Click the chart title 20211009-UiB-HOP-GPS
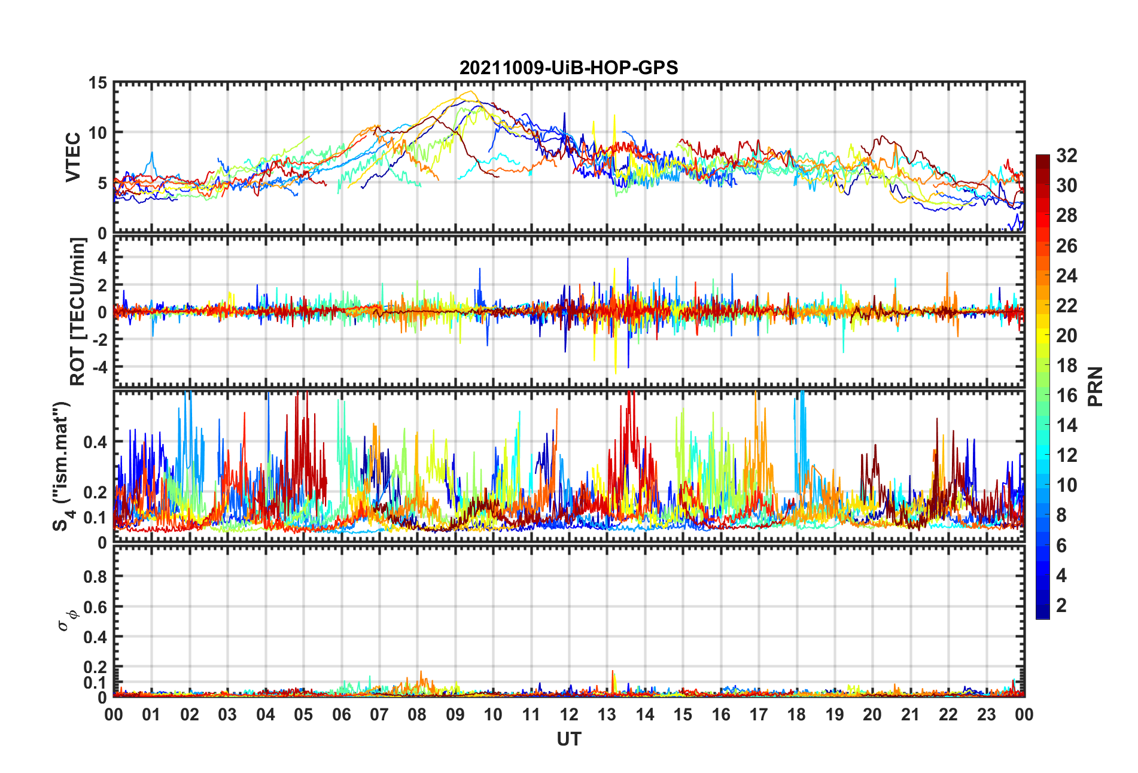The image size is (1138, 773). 568,68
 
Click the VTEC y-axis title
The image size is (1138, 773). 73,157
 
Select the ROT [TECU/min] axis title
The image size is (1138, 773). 78,311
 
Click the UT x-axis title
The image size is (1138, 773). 568,739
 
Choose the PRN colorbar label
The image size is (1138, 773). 1095,386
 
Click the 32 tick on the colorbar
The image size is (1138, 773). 1066,156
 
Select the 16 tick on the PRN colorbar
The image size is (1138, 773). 1066,395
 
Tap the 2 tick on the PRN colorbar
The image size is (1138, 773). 1061,605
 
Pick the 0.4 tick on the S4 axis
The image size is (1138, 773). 95,442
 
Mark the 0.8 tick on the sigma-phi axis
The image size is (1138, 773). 95,577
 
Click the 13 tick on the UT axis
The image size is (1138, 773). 607,715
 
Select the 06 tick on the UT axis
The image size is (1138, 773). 341,715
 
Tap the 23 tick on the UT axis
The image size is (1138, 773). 986,715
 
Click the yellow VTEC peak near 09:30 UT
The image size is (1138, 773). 471,92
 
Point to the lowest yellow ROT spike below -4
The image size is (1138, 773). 616,373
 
